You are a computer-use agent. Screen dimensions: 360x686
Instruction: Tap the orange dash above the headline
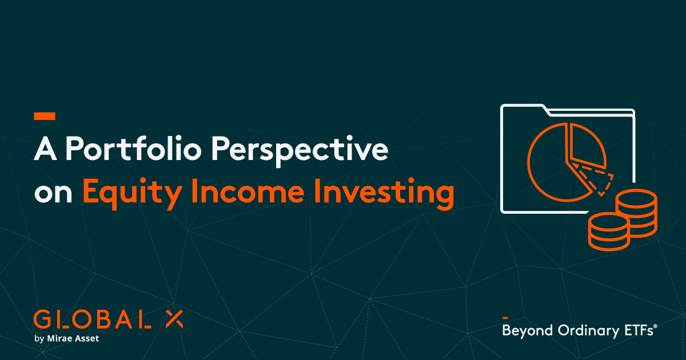point(45,116)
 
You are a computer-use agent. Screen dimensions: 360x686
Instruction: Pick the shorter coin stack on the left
point(607,232)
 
